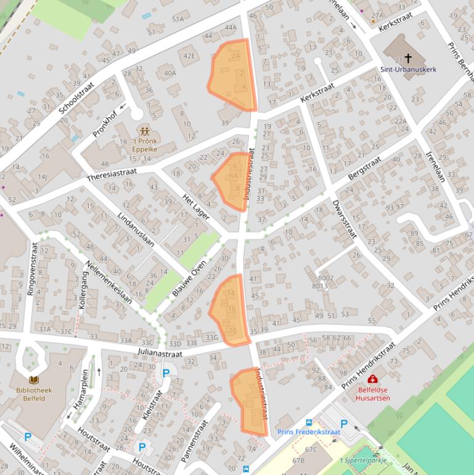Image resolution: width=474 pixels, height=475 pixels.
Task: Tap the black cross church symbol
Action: (408, 59)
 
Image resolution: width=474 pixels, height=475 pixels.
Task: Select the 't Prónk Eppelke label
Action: (145, 144)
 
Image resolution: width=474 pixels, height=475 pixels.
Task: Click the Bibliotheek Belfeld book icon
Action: (34, 380)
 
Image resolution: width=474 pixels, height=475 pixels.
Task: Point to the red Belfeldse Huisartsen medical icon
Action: (373, 379)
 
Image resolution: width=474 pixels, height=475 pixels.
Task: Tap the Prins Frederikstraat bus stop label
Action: (308, 432)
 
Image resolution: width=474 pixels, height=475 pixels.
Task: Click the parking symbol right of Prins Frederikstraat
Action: (344, 424)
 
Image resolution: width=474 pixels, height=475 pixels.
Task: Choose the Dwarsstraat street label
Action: (344, 219)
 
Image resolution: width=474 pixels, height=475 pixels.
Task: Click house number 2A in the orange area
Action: (235, 56)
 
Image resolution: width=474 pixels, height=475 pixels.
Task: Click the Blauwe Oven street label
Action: (189, 278)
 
